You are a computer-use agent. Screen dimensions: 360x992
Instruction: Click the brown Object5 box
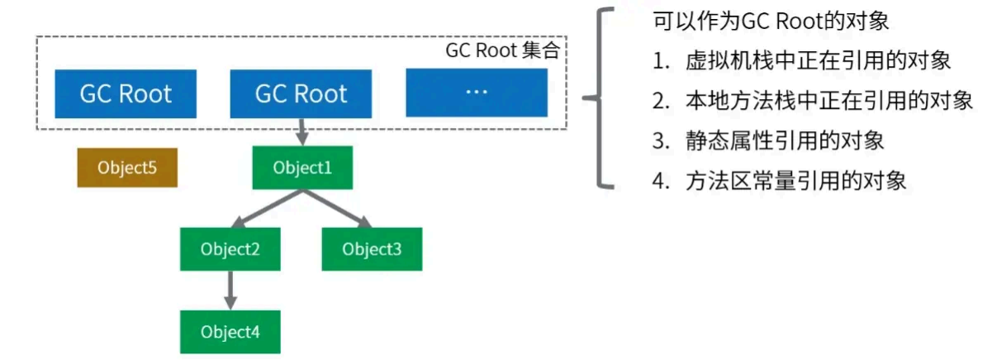127,168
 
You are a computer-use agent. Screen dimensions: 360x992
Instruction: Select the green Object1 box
302,168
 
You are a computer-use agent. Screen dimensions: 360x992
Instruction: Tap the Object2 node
230,249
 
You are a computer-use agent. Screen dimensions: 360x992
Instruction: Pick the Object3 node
372,249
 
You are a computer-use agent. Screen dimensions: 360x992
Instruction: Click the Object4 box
230,332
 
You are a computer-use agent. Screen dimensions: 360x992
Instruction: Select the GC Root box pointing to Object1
301,93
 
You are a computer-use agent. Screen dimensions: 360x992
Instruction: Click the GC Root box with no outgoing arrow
126,93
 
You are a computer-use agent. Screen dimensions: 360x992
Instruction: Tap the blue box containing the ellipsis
477,93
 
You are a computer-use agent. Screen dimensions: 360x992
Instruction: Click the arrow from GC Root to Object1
301,131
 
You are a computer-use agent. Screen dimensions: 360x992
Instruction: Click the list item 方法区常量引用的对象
795,181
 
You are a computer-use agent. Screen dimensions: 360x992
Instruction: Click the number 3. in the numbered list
659,141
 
